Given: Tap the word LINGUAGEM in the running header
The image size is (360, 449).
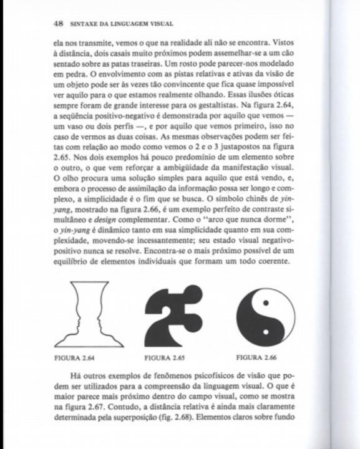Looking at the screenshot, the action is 124,25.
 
